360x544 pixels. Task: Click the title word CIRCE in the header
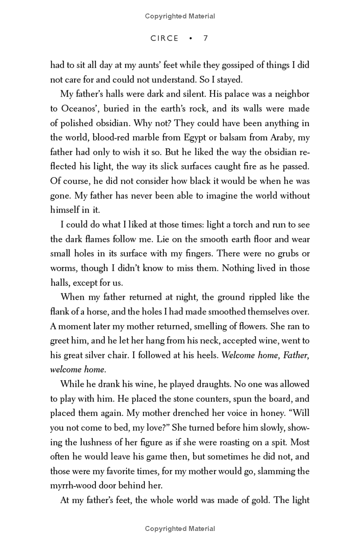coord(165,38)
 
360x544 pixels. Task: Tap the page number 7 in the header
coord(206,38)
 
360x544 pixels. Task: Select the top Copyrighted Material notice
coord(180,16)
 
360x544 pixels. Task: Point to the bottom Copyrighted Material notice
coord(180,529)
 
